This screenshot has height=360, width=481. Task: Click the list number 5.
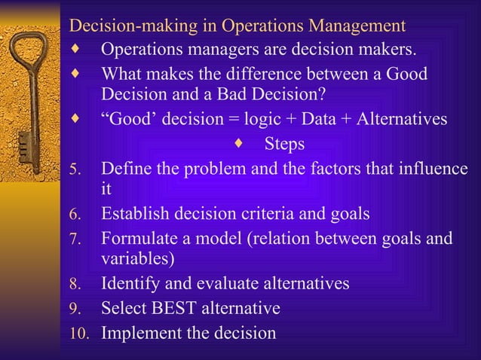coord(74,169)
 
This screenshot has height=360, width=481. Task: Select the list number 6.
coord(74,215)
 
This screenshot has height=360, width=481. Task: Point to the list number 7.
coord(74,239)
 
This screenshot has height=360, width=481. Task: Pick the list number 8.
coord(74,285)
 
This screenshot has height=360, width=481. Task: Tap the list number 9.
coord(74,309)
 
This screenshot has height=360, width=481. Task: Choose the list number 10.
coord(79,333)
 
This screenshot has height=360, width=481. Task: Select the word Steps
coord(283,144)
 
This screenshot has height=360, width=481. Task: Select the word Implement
coord(141,332)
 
